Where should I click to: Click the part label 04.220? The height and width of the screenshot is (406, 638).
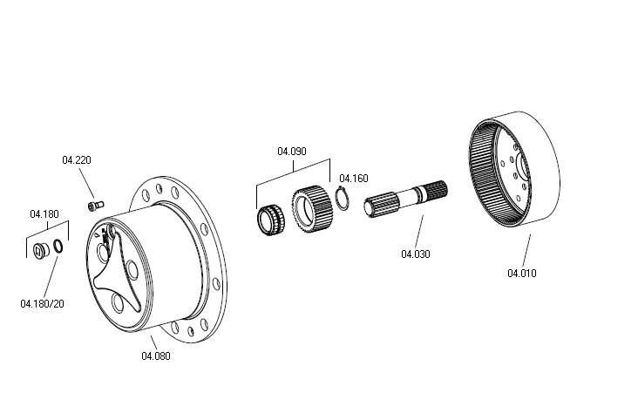tap(77, 160)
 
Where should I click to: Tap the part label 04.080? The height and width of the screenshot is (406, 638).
tap(156, 355)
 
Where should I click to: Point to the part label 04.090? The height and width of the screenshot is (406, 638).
tap(292, 151)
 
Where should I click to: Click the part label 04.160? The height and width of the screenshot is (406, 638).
tap(353, 177)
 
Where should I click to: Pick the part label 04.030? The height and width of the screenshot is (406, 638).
tap(416, 254)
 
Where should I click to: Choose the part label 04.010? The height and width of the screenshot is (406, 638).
tap(522, 273)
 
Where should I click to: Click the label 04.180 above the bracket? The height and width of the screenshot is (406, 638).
tap(44, 213)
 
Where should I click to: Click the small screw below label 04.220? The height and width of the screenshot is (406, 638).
tap(94, 206)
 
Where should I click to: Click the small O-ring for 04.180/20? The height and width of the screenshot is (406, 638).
tap(58, 247)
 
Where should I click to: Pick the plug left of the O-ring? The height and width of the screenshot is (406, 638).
tap(39, 251)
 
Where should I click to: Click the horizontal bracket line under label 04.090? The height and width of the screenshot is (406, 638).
tap(292, 160)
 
